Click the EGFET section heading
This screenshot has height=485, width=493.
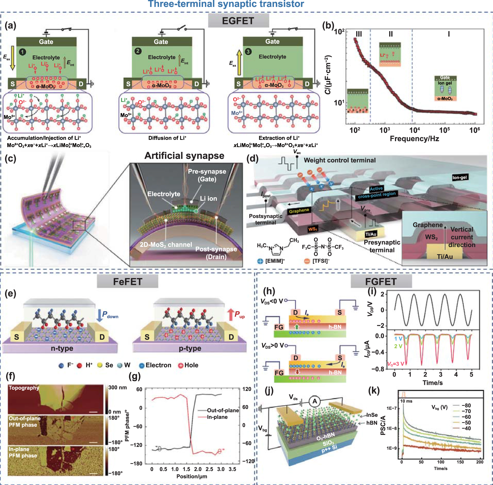click(x=238, y=21)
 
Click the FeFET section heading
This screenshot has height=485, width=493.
click(x=127, y=282)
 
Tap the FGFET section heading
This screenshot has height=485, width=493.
click(x=381, y=282)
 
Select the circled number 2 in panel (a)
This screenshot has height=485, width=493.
click(x=138, y=51)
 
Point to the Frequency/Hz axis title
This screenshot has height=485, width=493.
click(x=414, y=139)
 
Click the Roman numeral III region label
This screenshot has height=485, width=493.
click(x=359, y=34)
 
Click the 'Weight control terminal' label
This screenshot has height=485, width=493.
click(x=340, y=160)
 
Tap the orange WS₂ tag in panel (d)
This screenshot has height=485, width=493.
click(x=313, y=229)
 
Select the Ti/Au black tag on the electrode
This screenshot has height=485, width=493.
click(x=371, y=234)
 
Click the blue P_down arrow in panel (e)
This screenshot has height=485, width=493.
click(x=99, y=315)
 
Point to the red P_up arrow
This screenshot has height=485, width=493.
click(x=231, y=315)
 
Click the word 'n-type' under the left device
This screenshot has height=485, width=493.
click(x=62, y=348)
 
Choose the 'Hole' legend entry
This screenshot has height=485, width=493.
click(x=188, y=365)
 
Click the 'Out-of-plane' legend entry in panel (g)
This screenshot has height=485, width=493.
click(x=223, y=410)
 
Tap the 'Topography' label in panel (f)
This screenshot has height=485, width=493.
click(x=24, y=388)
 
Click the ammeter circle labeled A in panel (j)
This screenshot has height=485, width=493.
click(x=315, y=401)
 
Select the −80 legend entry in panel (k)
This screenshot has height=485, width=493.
click(x=466, y=406)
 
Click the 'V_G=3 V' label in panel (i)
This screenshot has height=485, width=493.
click(x=396, y=364)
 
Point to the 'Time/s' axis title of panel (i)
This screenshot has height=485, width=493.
click(x=433, y=383)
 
